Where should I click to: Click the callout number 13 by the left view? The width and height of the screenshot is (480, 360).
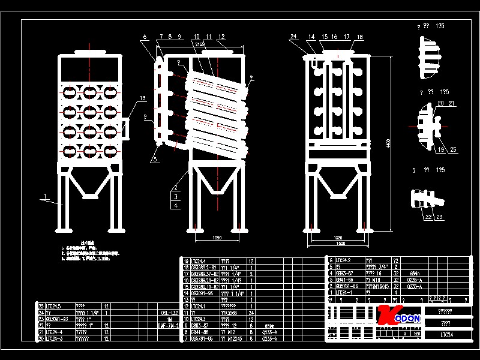[142, 98]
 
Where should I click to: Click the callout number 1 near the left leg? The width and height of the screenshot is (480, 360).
[44, 196]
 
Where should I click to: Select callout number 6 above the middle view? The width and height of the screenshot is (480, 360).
[145, 37]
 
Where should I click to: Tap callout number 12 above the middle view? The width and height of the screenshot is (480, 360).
[221, 37]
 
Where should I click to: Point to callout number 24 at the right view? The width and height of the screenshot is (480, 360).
[293, 37]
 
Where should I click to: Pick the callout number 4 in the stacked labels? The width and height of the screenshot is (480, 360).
[176, 205]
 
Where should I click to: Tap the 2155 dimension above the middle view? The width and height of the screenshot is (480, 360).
[200, 44]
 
